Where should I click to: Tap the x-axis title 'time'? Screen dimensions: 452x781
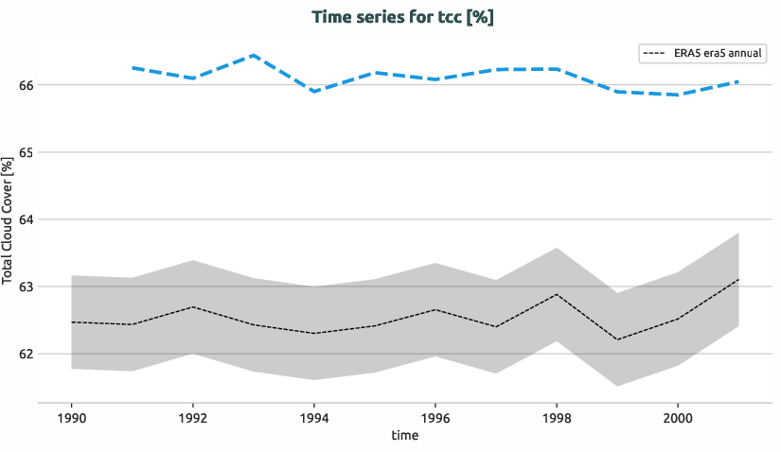pos(404,436)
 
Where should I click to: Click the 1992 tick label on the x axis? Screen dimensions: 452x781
pos(193,416)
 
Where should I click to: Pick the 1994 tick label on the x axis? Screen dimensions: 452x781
pos(314,416)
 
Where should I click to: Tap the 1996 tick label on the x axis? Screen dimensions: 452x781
pos(435,416)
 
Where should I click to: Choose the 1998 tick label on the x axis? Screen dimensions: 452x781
pos(556,416)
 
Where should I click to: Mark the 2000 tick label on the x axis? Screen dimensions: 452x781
pos(677,416)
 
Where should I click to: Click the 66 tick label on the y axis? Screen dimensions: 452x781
pos(26,85)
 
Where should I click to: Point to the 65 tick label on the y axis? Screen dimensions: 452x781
pos(26,152)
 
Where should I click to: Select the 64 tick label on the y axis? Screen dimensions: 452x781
pos(26,219)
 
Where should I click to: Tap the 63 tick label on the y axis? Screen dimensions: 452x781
pos(26,287)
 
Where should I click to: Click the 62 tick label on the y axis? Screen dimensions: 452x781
pos(26,355)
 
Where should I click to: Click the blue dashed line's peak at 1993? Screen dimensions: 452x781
pos(254,56)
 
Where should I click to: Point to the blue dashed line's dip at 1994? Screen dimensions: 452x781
pos(314,91)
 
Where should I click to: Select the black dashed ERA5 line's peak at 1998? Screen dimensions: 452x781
pos(556,294)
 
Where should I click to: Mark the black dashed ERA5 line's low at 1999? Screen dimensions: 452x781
pos(616,339)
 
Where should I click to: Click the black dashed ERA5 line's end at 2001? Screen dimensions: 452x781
pos(737,280)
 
